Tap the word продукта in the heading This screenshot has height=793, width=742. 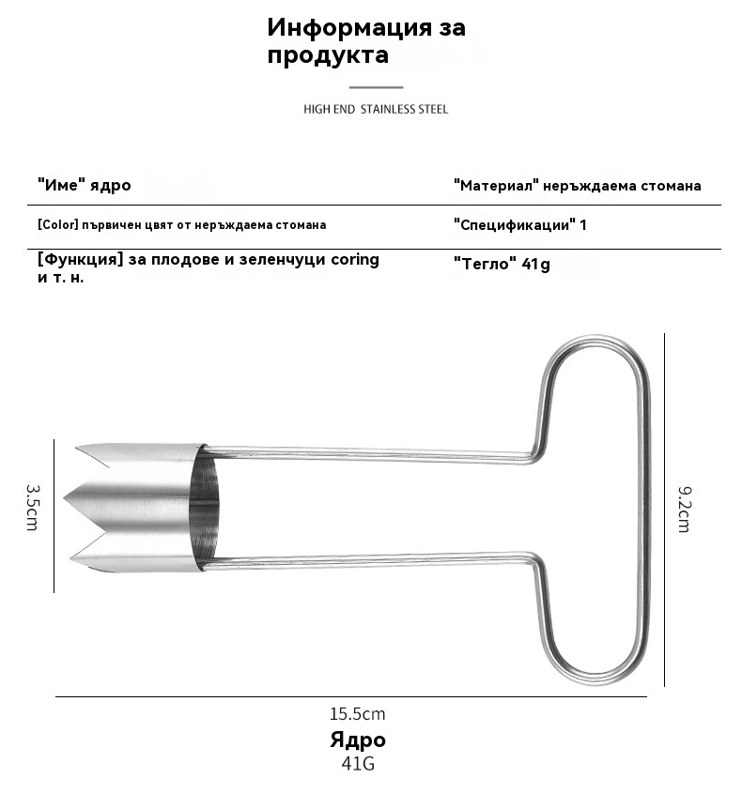(x=328, y=55)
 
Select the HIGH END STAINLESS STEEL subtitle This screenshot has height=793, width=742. (x=376, y=109)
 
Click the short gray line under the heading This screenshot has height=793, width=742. (x=376, y=87)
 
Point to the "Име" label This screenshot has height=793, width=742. (x=64, y=185)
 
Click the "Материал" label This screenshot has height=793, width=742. (x=495, y=186)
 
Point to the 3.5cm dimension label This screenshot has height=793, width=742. (x=32, y=508)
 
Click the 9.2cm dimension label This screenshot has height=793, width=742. (x=684, y=510)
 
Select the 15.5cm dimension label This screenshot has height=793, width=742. (x=357, y=714)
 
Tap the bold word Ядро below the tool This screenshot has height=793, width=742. (x=357, y=740)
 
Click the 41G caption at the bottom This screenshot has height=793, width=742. (x=357, y=763)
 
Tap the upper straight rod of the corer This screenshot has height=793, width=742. (x=366, y=453)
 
